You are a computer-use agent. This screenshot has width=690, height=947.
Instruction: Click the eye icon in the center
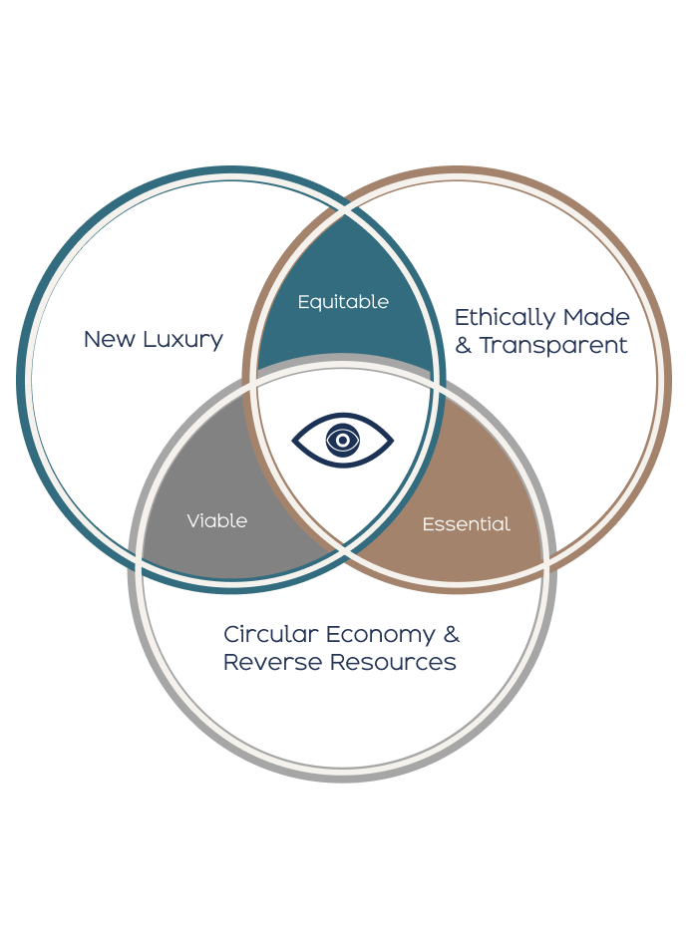[x=342, y=440]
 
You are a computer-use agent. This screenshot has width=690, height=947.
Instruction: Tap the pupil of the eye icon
[x=342, y=440]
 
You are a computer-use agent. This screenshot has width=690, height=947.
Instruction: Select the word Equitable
[x=343, y=301]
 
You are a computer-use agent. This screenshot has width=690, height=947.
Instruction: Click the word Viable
[x=216, y=520]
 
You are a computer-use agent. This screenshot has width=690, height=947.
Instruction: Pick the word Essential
[x=466, y=523]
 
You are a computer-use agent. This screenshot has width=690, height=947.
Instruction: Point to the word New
[x=108, y=339]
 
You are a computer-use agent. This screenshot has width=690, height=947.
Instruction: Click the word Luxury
[x=181, y=339]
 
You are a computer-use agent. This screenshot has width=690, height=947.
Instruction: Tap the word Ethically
[x=504, y=318]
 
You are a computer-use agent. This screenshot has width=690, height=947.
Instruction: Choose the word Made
[x=596, y=318]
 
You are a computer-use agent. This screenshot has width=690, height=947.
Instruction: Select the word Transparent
[x=553, y=346]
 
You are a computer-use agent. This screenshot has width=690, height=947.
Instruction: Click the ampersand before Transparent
[x=464, y=346]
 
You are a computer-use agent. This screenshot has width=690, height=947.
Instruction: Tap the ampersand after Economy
[x=451, y=635]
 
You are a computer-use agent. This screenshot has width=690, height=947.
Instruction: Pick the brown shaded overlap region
[x=469, y=488]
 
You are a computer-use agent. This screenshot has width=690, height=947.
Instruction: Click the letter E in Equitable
[x=303, y=301]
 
